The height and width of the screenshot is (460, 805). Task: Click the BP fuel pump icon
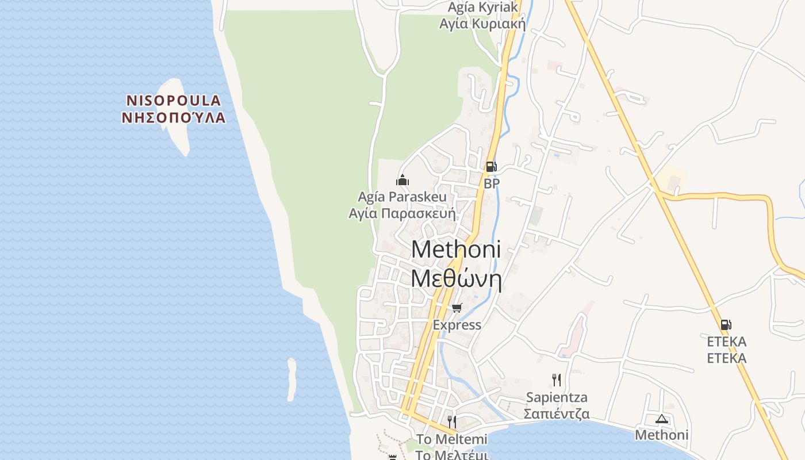[490, 167]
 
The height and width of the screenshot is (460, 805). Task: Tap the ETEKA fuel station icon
[726, 325]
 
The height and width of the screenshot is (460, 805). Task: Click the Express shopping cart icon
[457, 308]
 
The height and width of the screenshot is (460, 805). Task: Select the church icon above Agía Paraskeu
[402, 180]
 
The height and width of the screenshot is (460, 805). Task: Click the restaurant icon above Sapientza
[556, 379]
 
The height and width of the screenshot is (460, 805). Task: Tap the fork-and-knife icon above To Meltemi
[452, 422]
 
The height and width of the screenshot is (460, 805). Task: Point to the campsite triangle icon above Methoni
[661, 419]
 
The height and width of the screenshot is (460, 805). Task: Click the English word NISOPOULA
[174, 101]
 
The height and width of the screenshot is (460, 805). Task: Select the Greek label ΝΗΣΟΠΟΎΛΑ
[174, 118]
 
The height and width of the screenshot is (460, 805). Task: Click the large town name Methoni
[456, 250]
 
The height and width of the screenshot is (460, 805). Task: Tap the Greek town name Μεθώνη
[456, 279]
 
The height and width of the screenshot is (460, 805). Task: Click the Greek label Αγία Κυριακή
[482, 24]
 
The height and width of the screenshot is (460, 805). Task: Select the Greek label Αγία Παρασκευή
[402, 214]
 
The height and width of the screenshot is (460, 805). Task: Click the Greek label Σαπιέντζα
[556, 414]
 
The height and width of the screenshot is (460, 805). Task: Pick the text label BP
[492, 183]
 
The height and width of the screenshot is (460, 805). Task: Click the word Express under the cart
[457, 325]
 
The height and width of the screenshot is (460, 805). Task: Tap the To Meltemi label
[451, 439]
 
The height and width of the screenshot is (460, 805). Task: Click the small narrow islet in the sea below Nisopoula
[292, 379]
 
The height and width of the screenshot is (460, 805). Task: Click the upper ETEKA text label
[726, 342]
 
